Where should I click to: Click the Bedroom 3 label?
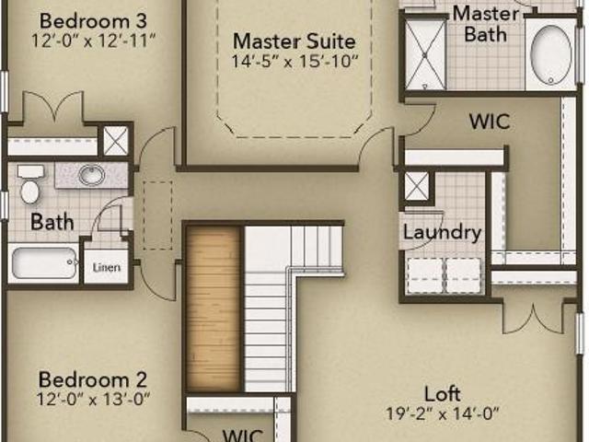[93, 20]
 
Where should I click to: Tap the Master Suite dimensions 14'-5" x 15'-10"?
[294, 61]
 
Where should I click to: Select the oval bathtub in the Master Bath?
[550, 55]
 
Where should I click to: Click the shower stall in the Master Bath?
[425, 54]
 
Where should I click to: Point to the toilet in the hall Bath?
[29, 184]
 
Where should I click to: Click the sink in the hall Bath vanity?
[92, 174]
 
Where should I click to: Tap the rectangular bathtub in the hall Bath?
[44, 262]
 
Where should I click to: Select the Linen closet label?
[107, 267]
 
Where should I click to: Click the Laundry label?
[442, 233]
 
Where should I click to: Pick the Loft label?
[442, 394]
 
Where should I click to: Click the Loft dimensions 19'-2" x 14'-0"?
[443, 413]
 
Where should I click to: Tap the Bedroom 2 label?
[92, 379]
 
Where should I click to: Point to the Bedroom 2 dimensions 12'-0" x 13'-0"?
[93, 399]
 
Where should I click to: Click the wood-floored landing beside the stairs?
[214, 308]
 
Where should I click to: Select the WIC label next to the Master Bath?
[490, 122]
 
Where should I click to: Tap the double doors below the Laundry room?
[534, 318]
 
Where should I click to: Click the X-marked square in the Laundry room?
[416, 186]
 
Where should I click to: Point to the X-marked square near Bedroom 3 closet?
[115, 141]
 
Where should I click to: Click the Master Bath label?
[486, 24]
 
